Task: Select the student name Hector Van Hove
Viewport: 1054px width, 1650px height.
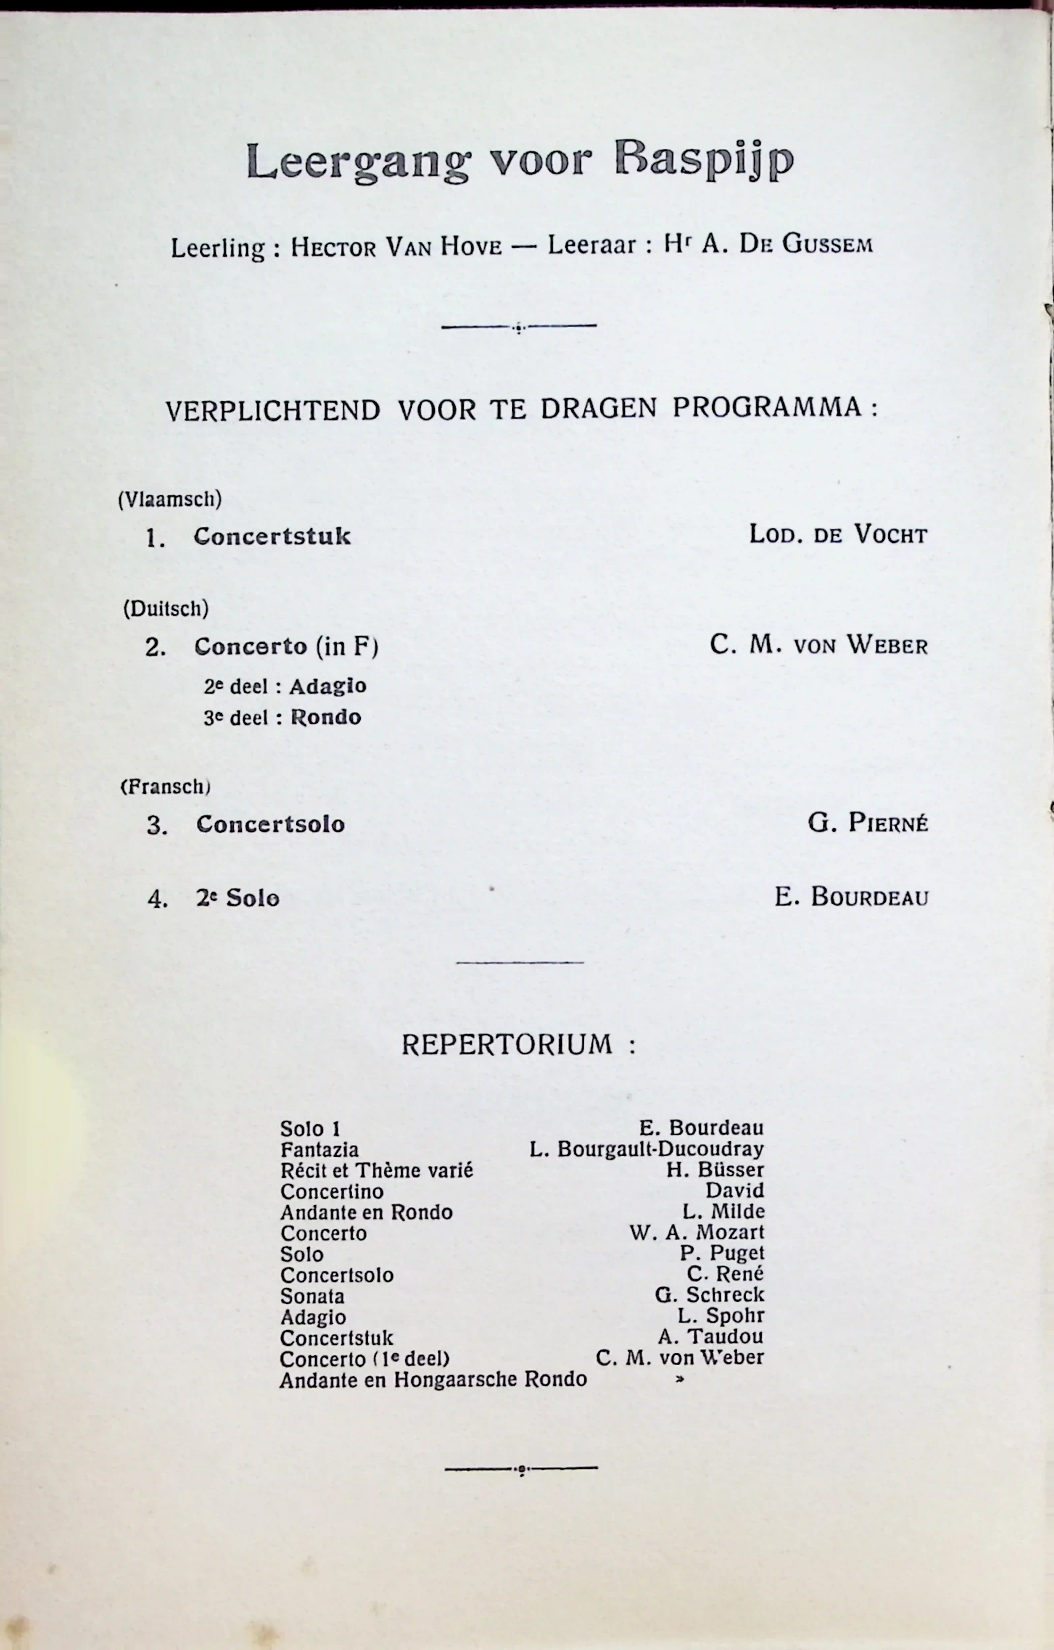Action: (x=396, y=246)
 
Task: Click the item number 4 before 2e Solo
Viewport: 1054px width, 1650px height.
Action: (x=157, y=899)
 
